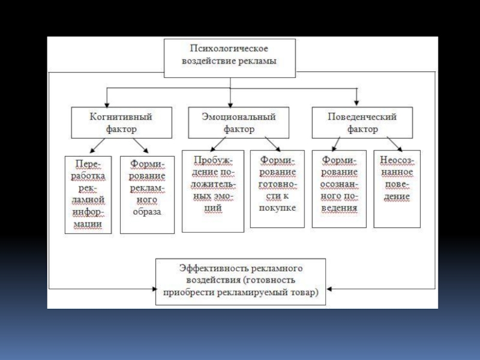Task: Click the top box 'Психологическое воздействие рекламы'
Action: pos(230,58)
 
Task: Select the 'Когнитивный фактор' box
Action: pos(122,122)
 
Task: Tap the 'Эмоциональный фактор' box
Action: pos(238,122)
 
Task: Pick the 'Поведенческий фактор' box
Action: pos(362,122)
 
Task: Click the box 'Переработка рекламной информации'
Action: pos(88,195)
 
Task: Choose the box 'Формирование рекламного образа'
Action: pos(147,195)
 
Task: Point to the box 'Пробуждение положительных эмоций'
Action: pos(213,191)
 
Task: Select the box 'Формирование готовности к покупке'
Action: pos(277,189)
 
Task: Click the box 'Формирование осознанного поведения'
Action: pos(339,189)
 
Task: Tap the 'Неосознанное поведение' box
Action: pos(397,189)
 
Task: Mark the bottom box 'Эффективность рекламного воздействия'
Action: pos(241,281)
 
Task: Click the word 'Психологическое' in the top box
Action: pos(229,49)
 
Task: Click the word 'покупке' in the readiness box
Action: pos(277,208)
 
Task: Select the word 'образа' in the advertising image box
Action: pos(147,212)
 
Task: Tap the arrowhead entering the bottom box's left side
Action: pos(154,289)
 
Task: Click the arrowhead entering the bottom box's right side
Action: pos(329,289)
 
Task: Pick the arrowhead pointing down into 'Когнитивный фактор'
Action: pos(107,104)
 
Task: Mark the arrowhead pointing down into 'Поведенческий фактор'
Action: pos(356,103)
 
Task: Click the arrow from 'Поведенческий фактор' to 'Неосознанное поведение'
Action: pos(395,144)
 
